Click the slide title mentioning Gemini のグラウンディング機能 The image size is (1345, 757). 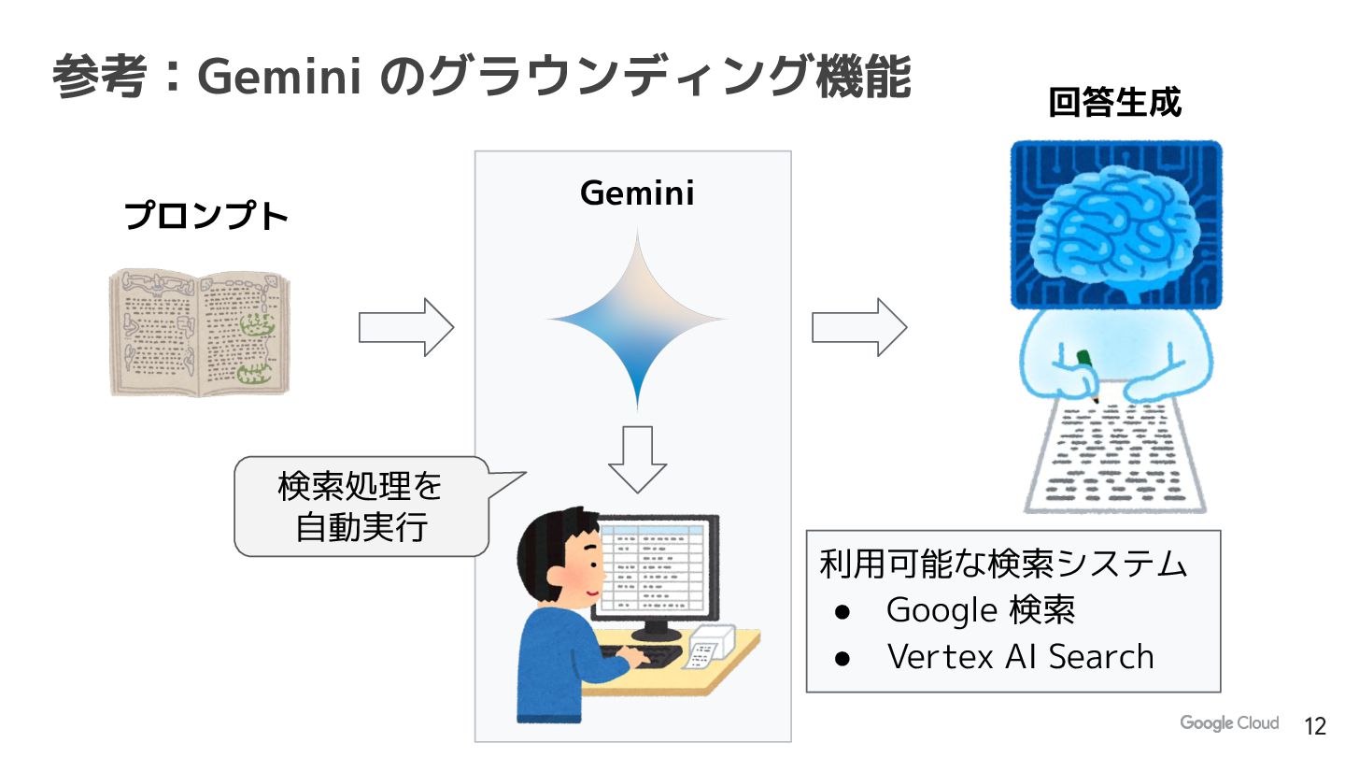click(x=481, y=77)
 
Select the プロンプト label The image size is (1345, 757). click(x=206, y=217)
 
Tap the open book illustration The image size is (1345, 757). click(x=200, y=332)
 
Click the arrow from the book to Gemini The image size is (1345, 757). click(x=406, y=327)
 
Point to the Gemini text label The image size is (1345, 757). click(x=637, y=193)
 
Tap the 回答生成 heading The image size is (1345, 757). click(x=1114, y=103)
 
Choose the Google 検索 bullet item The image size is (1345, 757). click(x=981, y=610)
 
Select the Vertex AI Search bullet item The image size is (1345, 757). click(x=1020, y=657)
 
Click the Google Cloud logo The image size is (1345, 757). click(x=1228, y=723)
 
